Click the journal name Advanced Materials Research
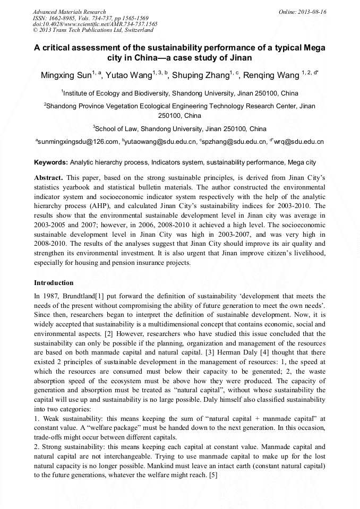69,12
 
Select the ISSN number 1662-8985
63,18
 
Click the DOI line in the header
95,24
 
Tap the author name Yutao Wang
128,75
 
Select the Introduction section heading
54,283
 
